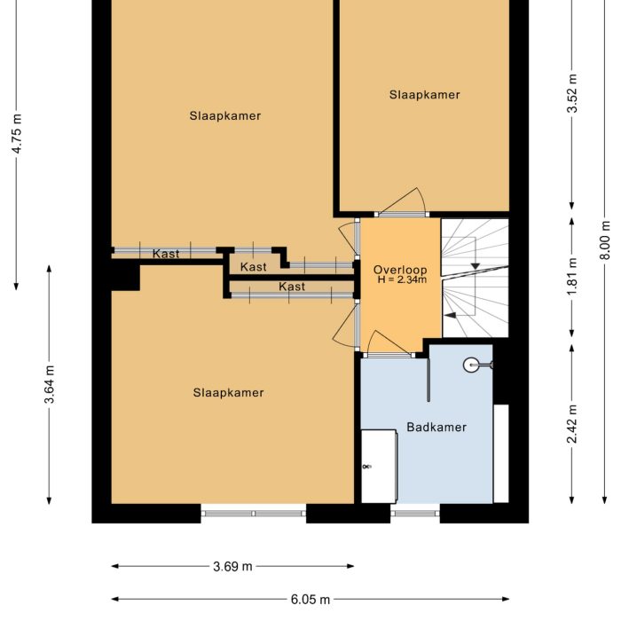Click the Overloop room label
pos(400,270)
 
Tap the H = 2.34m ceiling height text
pos(401,280)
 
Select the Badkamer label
pos(436,427)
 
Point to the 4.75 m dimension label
pos(16,134)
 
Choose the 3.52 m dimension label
pos(573,93)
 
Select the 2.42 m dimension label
pos(573,424)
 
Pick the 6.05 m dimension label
pos(310,600)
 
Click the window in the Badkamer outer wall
pos(416,513)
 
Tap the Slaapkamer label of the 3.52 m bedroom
pos(424,95)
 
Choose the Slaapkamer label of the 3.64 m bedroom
pos(229,392)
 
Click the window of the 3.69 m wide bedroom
pos(254,513)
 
